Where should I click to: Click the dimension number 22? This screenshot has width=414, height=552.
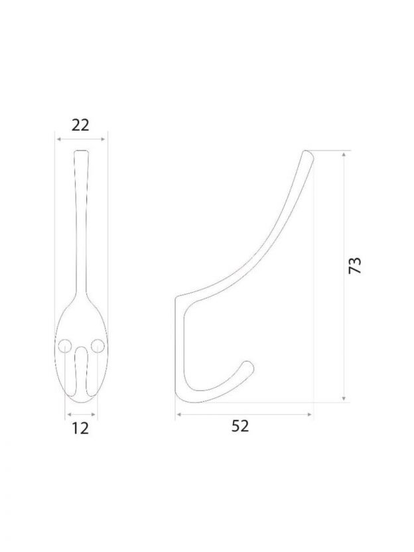click(x=81, y=125)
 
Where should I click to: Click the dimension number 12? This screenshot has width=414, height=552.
click(x=81, y=428)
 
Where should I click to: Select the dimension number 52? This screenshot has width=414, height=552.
click(x=240, y=426)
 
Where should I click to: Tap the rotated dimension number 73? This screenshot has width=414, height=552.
click(x=355, y=265)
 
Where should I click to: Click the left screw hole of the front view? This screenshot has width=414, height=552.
click(x=65, y=346)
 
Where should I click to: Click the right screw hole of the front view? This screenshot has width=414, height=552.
click(x=98, y=346)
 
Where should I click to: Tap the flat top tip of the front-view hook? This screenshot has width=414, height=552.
click(x=82, y=151)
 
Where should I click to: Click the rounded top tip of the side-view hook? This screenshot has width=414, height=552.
click(x=308, y=153)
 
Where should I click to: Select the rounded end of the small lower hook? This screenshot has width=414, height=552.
click(x=248, y=367)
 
